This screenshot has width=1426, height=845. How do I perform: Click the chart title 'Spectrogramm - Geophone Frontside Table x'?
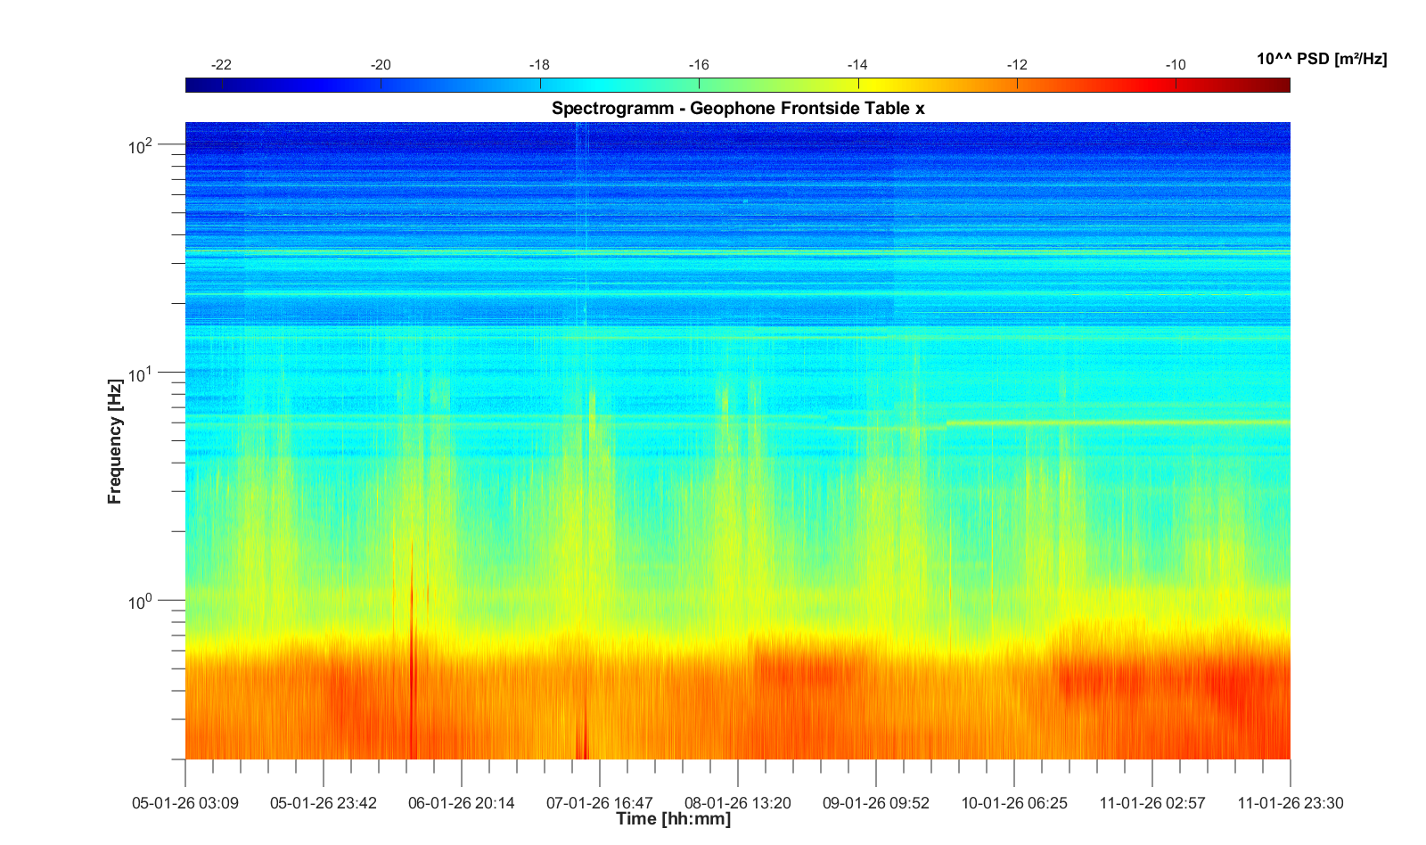[x=738, y=109]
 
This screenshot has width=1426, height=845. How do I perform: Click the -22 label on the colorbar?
[x=221, y=65]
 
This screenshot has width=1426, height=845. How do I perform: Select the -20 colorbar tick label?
[x=381, y=65]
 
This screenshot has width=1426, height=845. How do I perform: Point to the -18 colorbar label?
[x=539, y=65]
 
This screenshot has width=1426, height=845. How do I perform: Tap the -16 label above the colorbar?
[x=699, y=65]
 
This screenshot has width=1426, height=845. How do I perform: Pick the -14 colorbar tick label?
[x=857, y=65]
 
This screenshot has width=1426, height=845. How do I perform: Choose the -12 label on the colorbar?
[x=1017, y=65]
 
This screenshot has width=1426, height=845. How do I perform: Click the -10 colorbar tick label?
[x=1176, y=65]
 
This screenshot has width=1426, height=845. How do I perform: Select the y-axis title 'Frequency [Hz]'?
[x=114, y=441]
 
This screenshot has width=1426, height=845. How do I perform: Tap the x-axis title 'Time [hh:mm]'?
[x=673, y=819]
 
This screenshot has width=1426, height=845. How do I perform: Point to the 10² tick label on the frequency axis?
[x=141, y=145]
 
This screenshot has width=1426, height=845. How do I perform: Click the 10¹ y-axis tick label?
[x=141, y=374]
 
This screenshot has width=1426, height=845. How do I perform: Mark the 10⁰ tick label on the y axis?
[x=141, y=603]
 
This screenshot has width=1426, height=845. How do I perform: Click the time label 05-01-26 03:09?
[x=185, y=803]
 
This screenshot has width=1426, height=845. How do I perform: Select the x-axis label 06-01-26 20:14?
[x=462, y=803]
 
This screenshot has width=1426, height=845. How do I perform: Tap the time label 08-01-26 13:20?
[x=738, y=803]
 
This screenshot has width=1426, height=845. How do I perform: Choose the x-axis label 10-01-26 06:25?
[x=1014, y=803]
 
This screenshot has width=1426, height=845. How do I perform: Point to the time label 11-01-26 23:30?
[x=1290, y=803]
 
